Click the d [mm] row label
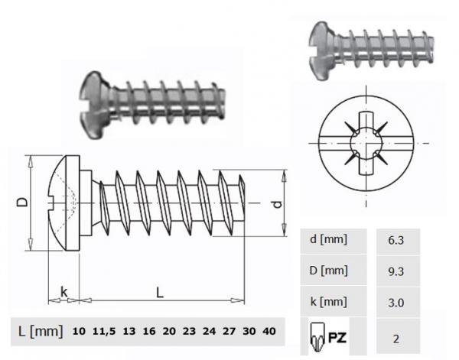[330, 239]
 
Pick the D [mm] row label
[330, 271]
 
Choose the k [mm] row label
[330, 302]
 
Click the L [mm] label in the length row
[40, 331]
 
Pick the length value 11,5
[104, 332]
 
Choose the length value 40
[269, 332]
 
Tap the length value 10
[79, 332]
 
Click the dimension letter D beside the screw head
[22, 203]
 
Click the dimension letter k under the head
[64, 291]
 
